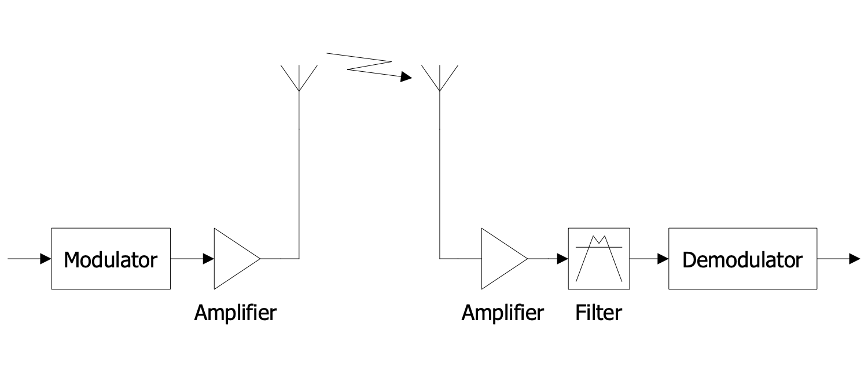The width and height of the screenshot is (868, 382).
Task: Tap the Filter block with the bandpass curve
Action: pyautogui.click(x=599, y=272)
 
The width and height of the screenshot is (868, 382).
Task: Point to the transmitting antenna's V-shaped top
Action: pyautogui.click(x=299, y=78)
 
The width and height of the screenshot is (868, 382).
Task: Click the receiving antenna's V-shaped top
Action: pyautogui.click(x=440, y=78)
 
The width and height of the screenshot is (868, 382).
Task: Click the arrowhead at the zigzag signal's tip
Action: pyautogui.click(x=406, y=77)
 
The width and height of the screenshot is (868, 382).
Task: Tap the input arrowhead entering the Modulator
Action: pyautogui.click(x=46, y=259)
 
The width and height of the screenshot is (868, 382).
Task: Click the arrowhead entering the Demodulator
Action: pyautogui.click(x=663, y=259)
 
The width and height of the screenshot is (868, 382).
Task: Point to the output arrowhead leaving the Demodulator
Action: pyautogui.click(x=855, y=259)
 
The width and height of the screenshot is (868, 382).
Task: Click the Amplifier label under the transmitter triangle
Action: pyautogui.click(x=236, y=313)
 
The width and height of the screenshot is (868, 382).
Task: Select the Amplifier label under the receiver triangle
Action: pyautogui.click(x=502, y=313)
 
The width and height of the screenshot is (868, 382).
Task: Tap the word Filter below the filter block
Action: pyautogui.click(x=598, y=313)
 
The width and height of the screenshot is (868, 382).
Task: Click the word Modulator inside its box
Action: pyautogui.click(x=111, y=260)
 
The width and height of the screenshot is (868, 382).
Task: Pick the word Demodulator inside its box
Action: pyautogui.click(x=742, y=260)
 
